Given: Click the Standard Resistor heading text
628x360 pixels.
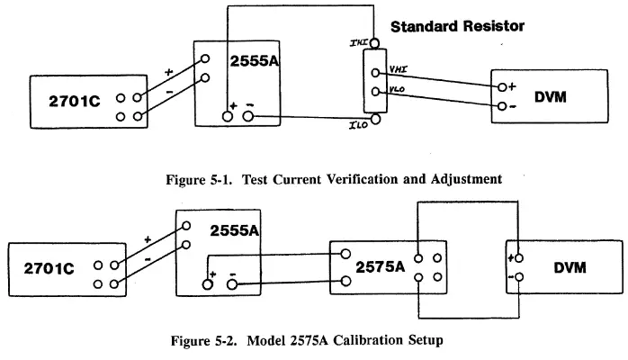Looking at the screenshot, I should pos(457,27).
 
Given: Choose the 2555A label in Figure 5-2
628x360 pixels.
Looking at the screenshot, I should pos(233,230).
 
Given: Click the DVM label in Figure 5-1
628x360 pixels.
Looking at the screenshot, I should pos(550,96).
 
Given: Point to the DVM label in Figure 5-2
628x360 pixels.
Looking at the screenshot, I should pos(569,268).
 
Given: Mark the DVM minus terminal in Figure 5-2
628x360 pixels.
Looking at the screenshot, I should pos(518,278).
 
